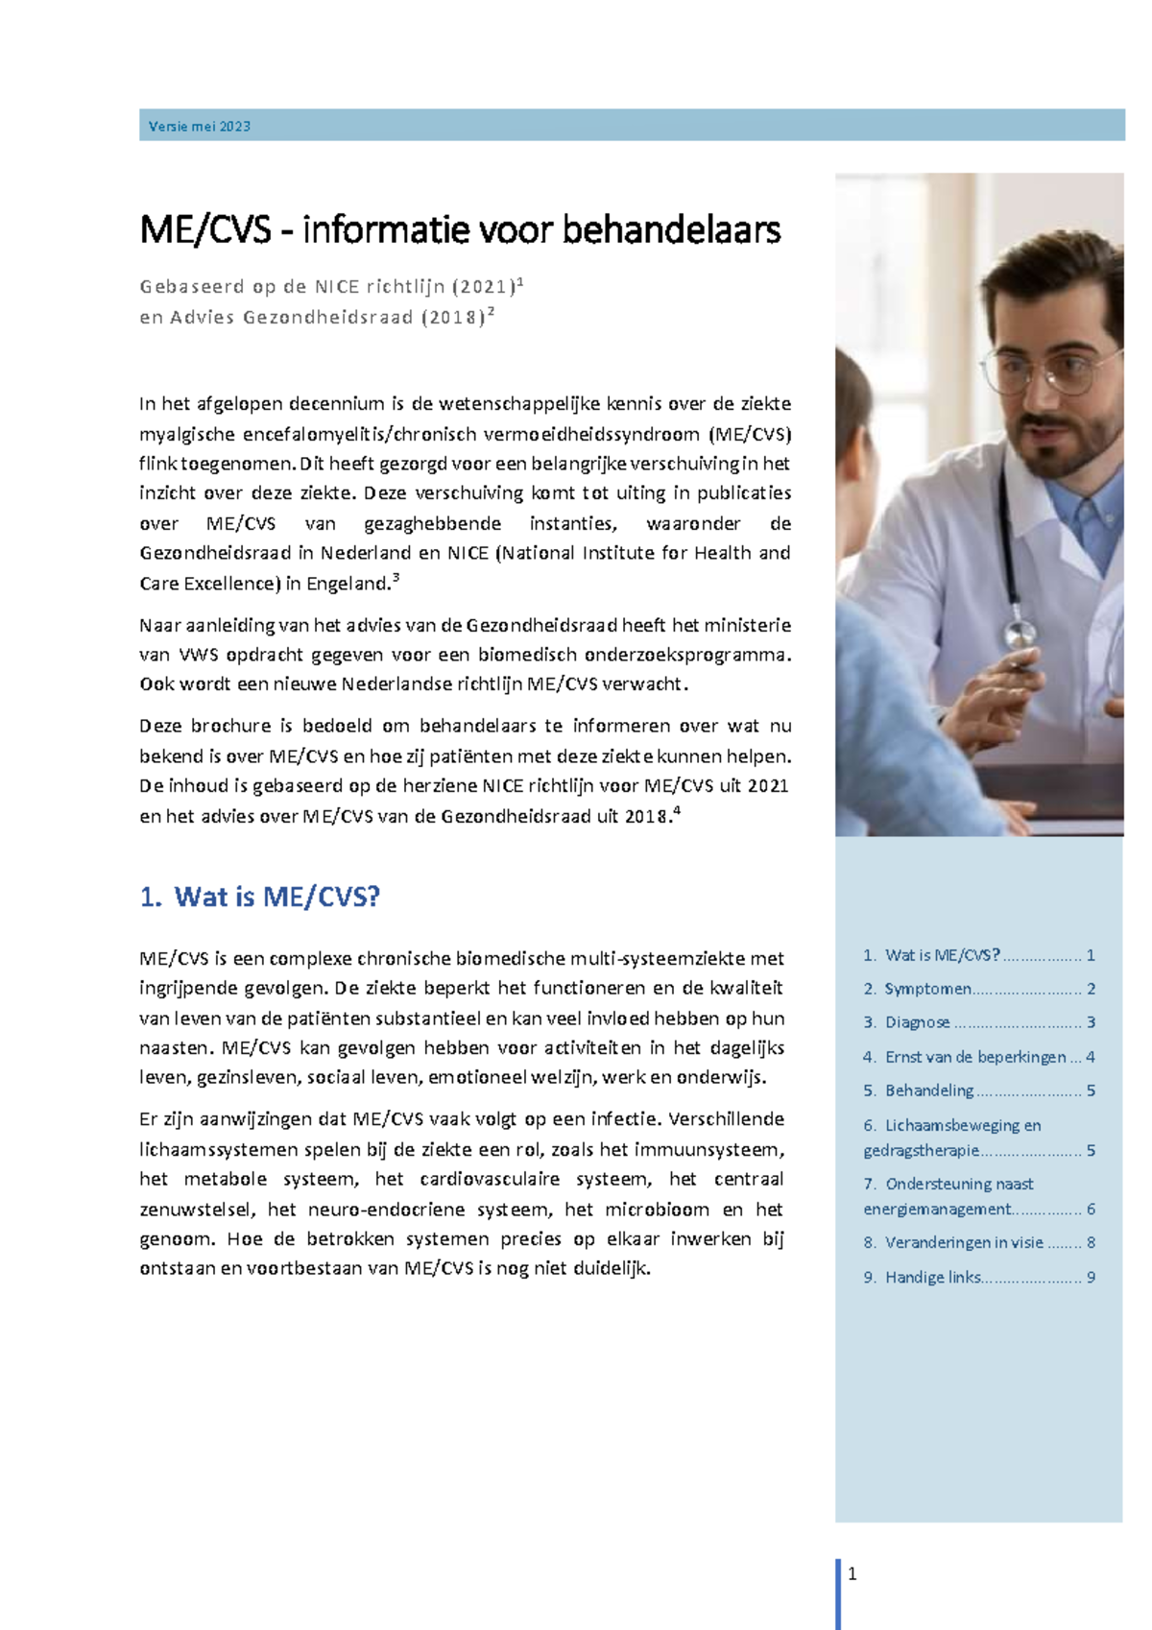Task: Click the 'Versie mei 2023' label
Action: tap(200, 127)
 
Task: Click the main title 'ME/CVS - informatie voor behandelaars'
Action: tap(460, 230)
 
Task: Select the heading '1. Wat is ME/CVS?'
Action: tap(260, 897)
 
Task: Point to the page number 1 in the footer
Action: tap(852, 1573)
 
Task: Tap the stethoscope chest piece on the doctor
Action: tap(1020, 635)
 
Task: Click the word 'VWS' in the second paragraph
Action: tap(201, 656)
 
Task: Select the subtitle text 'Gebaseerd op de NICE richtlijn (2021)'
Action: tap(326, 287)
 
